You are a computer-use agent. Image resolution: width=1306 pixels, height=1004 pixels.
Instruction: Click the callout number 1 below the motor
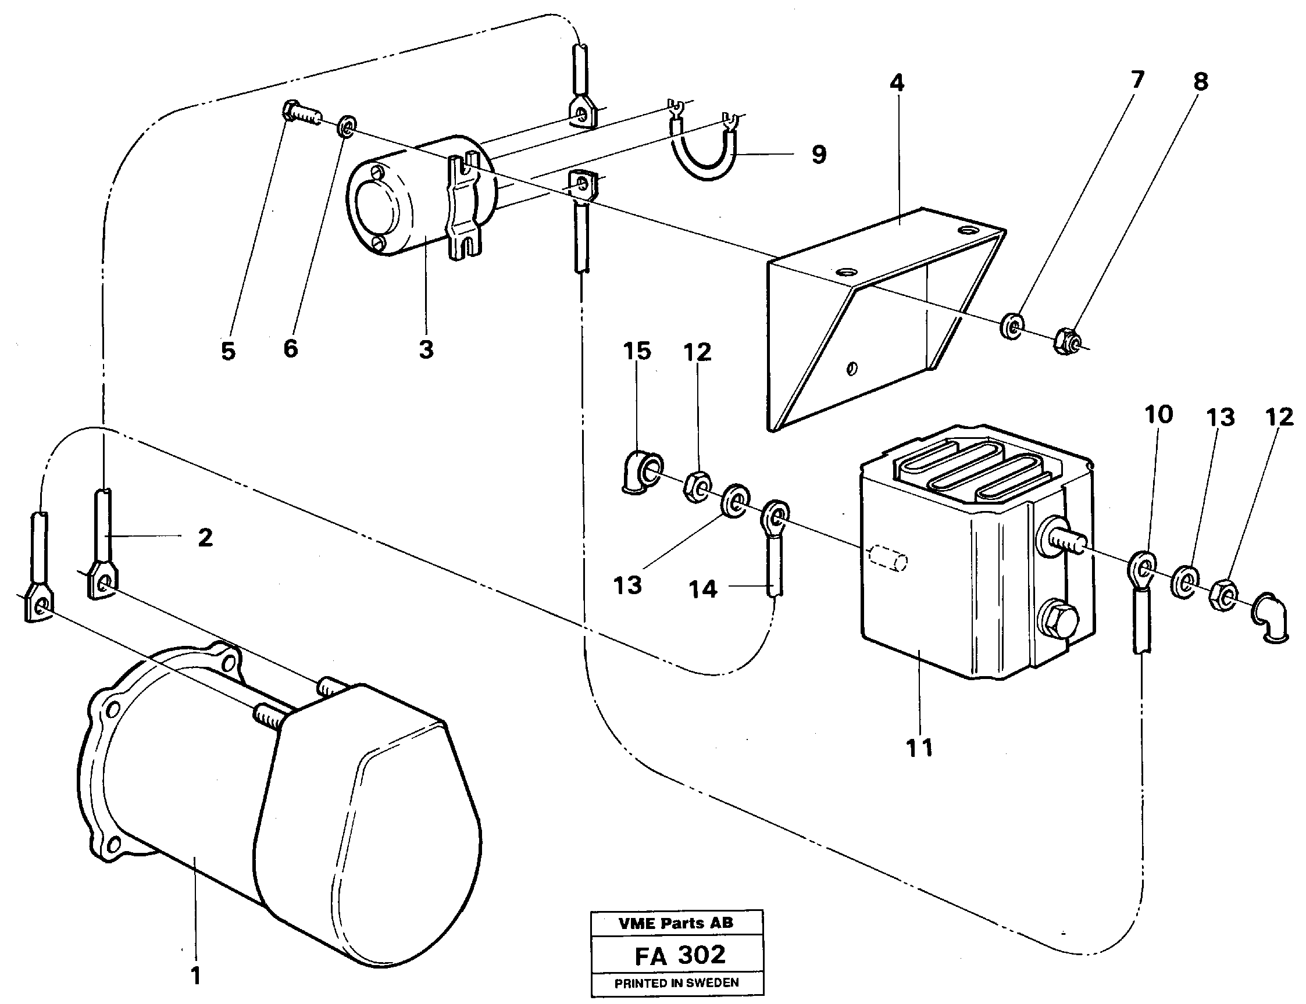coord(195,976)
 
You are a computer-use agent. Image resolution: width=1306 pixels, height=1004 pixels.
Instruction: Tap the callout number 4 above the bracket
coord(897,84)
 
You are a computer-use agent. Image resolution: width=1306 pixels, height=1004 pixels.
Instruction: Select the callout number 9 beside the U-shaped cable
coord(818,155)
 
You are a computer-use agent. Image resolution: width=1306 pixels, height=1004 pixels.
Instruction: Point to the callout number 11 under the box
coord(919,748)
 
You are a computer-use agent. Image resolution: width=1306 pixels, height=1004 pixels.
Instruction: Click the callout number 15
coord(637,351)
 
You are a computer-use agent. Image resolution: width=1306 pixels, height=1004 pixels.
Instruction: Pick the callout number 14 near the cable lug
coord(702,590)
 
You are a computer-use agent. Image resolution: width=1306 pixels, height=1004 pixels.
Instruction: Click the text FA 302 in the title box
coord(680,955)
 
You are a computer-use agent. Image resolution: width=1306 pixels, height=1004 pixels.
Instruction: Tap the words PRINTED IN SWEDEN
coord(677,983)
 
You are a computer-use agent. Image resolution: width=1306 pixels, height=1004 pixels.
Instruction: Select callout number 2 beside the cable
coord(205,538)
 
